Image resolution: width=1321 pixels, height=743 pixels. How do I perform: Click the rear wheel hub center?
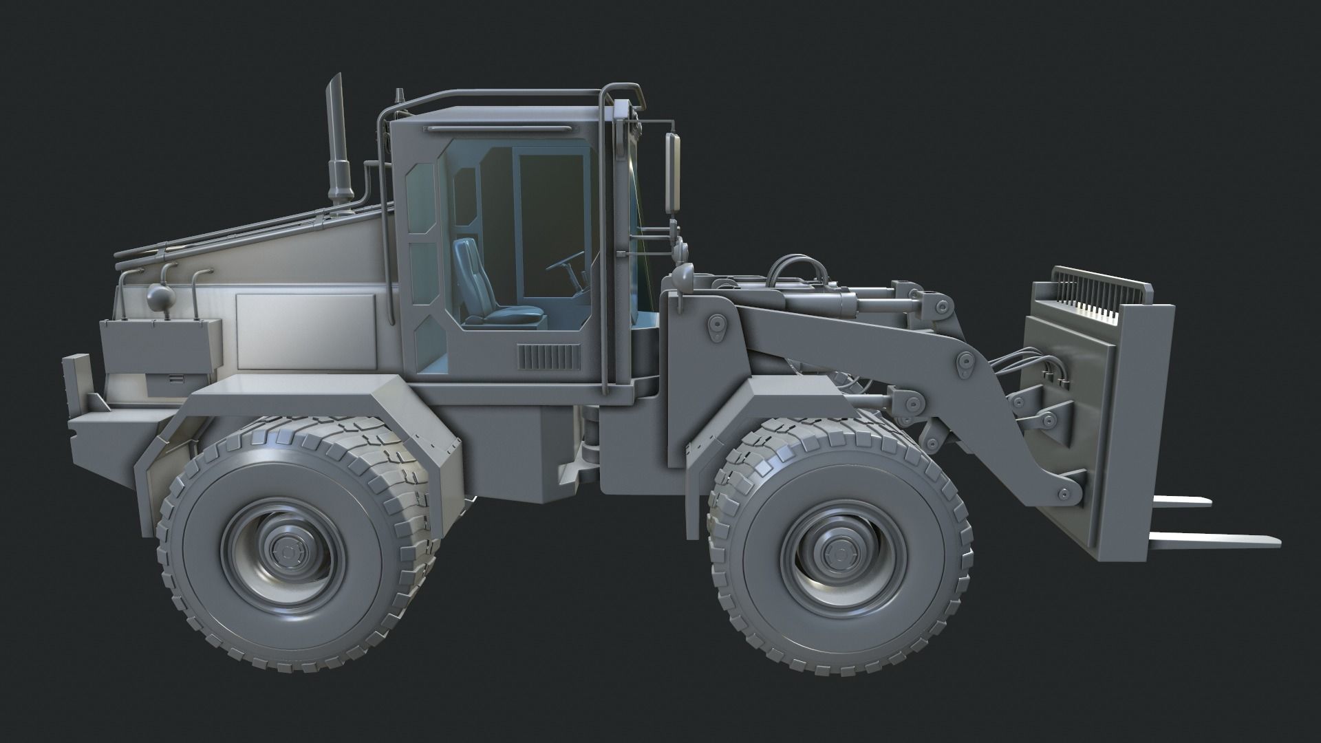[284, 550]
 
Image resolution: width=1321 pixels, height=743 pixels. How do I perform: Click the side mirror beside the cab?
[672, 173]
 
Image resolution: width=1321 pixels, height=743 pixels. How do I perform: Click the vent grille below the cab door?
[548, 358]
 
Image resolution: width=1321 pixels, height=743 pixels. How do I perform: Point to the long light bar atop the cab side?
[499, 129]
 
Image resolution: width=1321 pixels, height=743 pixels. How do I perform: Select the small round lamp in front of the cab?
[684, 274]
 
